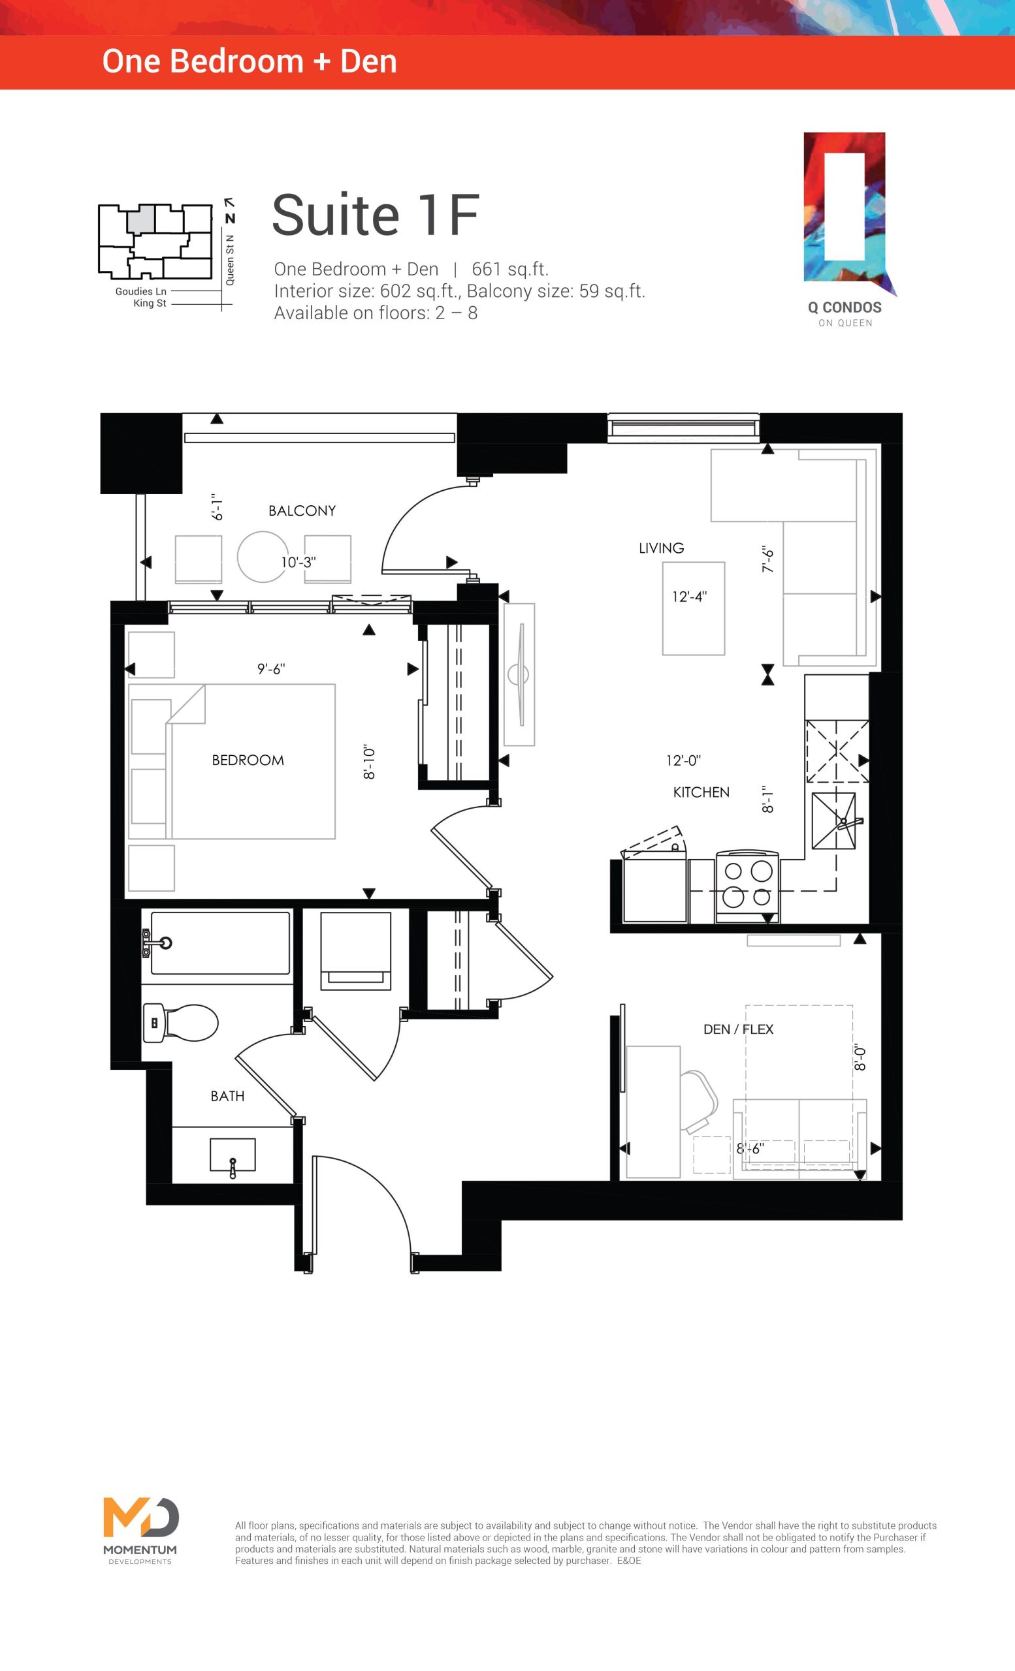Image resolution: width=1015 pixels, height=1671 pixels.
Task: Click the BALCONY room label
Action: [302, 510]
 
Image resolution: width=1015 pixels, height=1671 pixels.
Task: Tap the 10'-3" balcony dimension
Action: [298, 562]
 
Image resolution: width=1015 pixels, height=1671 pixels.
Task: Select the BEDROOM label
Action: [248, 760]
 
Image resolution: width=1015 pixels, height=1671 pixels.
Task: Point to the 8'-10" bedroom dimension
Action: [369, 762]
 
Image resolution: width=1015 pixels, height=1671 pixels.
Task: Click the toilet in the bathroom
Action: [180, 1023]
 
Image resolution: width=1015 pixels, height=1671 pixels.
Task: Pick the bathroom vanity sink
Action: [233, 1155]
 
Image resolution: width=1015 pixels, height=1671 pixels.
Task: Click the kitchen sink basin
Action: [834, 820]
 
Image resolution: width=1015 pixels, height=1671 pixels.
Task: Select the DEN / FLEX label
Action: [738, 1029]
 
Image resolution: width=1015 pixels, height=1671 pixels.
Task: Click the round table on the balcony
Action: [263, 557]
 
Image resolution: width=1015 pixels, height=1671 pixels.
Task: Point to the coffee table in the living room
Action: [694, 608]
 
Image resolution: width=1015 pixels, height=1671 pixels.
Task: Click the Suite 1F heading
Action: [375, 215]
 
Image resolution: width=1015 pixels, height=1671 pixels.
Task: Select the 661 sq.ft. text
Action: [510, 269]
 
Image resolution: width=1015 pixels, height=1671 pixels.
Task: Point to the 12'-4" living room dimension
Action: [689, 596]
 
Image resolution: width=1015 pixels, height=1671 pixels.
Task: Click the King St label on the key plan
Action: [150, 303]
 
